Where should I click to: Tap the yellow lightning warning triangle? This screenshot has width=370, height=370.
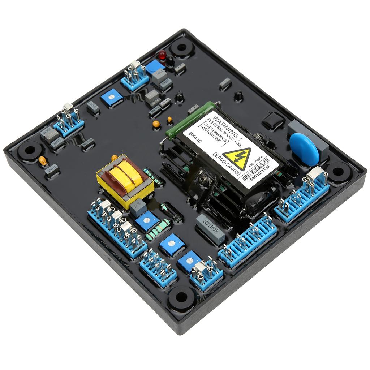236,158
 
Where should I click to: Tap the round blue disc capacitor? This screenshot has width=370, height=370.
304,149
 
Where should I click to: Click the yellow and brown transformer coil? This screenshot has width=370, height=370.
125,180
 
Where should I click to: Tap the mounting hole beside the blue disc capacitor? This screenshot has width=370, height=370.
339,172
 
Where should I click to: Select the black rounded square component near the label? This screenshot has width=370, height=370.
274,121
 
